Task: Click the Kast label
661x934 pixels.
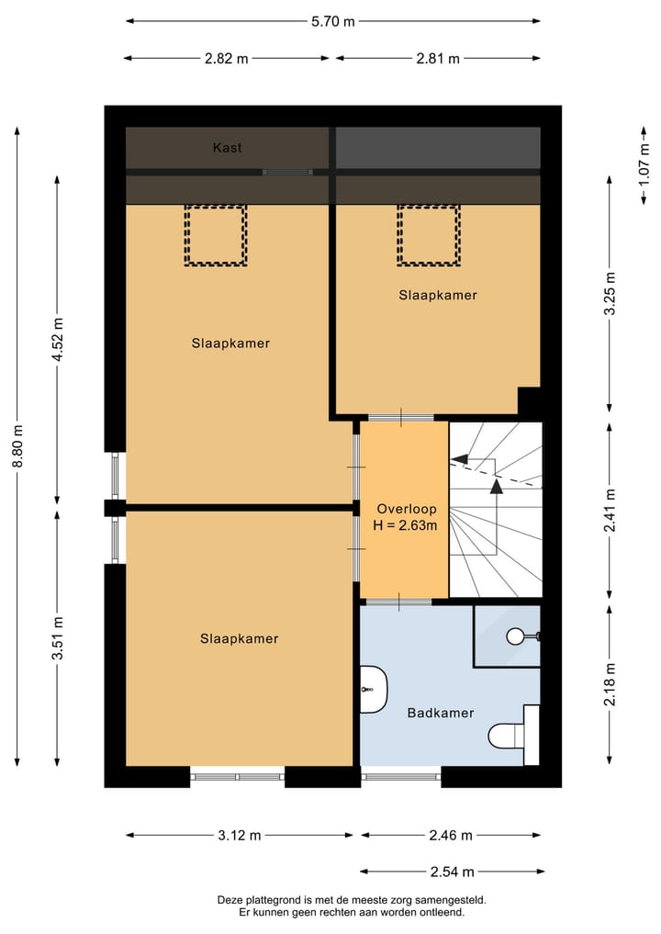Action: click(228, 147)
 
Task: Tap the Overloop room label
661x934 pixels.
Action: click(407, 508)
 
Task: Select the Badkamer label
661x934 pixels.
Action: click(441, 712)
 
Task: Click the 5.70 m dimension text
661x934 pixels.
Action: click(331, 21)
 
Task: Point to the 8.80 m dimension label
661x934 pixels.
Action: click(17, 445)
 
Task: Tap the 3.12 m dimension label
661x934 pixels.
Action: click(239, 835)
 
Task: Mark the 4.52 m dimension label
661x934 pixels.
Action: click(58, 340)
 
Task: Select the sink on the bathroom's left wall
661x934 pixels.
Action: click(373, 690)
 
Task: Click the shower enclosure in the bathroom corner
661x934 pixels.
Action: click(507, 635)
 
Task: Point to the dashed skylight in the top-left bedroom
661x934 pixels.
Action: click(216, 235)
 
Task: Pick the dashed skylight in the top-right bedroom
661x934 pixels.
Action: click(428, 235)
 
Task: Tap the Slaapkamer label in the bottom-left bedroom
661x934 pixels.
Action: click(239, 638)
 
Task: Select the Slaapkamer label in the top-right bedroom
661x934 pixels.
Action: click(438, 295)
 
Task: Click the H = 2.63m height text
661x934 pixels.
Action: click(407, 525)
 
